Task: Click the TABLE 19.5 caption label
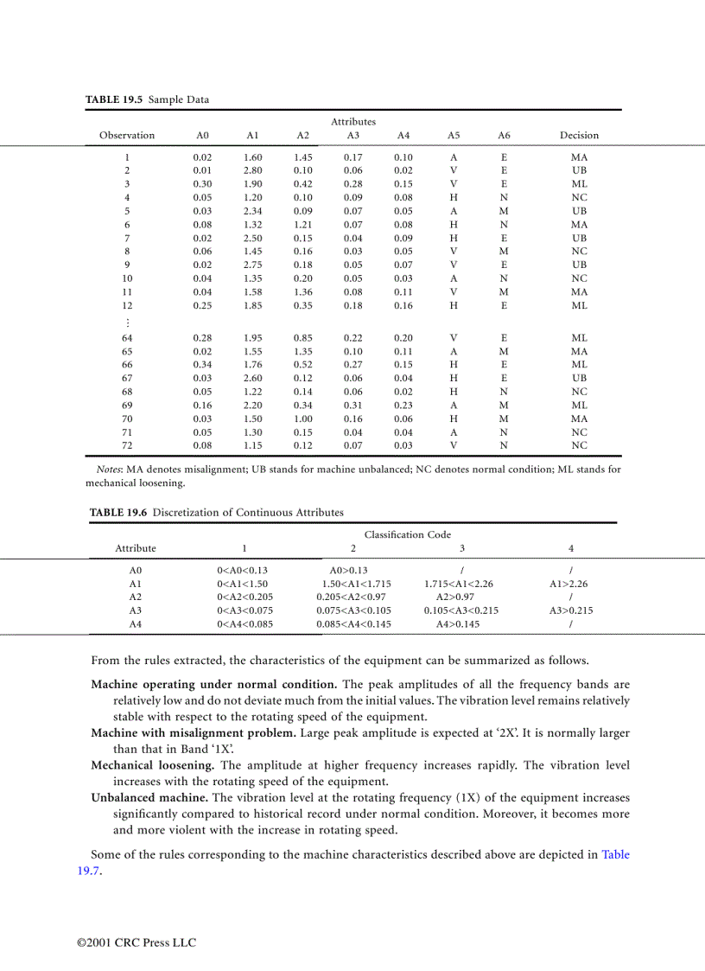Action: [115, 99]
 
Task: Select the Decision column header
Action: [579, 135]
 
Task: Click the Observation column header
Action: [127, 135]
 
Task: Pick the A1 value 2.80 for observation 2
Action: [252, 171]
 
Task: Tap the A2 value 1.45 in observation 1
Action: [302, 157]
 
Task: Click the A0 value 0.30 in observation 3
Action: [202, 184]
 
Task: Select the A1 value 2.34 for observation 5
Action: [252, 211]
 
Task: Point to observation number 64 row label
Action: [127, 338]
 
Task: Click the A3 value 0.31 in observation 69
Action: [352, 406]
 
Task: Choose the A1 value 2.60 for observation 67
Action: [252, 379]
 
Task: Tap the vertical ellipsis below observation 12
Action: [127, 322]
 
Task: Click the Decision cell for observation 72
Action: [579, 446]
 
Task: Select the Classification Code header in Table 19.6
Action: [407, 534]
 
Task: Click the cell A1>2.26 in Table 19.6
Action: [568, 584]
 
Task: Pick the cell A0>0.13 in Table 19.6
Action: [349, 571]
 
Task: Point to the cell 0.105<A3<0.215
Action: [460, 610]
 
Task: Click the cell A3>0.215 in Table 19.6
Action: [570, 610]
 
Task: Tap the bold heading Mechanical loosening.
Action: [153, 765]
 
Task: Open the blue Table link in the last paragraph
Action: [615, 855]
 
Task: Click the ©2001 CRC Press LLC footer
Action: [137, 942]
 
